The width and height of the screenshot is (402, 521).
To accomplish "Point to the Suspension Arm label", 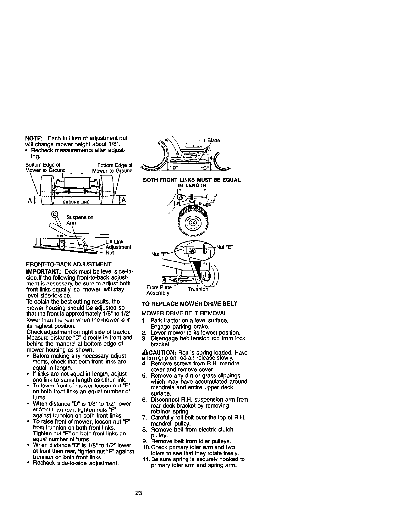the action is [79, 220].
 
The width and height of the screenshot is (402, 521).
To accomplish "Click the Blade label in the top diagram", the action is [214, 140].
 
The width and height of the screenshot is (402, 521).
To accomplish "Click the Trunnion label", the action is [198, 290].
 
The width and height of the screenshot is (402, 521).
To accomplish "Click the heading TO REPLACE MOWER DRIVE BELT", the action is [189, 303].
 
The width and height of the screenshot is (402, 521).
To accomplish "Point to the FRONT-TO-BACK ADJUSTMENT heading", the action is [68, 264].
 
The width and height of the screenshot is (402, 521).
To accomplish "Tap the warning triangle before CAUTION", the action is [144, 352].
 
